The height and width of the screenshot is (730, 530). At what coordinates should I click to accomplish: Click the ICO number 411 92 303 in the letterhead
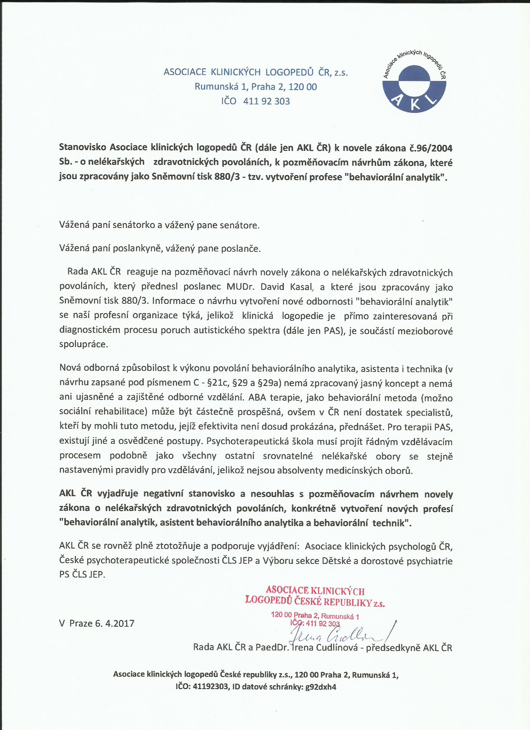[x=267, y=101]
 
